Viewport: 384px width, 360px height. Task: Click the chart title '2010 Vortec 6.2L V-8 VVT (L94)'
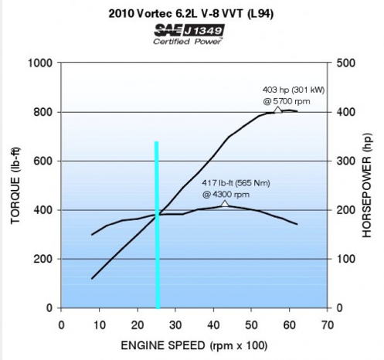[191, 13]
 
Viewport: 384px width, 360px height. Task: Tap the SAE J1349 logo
[189, 30]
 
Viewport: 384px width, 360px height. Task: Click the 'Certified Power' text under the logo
[188, 42]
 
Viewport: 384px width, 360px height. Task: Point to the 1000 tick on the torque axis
[40, 63]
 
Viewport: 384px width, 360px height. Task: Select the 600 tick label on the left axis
[43, 161]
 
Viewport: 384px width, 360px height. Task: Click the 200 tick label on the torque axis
[43, 259]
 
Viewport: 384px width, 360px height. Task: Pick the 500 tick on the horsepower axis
[346, 63]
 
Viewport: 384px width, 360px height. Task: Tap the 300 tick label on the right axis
[346, 161]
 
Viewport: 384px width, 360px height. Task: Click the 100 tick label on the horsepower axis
[346, 259]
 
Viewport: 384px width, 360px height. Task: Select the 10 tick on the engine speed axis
[100, 325]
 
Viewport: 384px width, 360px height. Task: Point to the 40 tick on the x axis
[213, 325]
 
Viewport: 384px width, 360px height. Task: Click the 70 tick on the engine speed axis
[328, 325]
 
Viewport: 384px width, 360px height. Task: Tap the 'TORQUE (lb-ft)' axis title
[15, 185]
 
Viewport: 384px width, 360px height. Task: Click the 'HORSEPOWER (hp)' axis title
[367, 185]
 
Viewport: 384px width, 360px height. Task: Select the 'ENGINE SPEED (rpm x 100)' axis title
[194, 345]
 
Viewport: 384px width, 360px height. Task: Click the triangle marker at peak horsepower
[277, 110]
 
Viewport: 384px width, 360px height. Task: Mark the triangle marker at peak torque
[225, 203]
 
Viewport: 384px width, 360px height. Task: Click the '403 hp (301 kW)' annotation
[294, 90]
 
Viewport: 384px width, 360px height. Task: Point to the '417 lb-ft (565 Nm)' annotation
[236, 183]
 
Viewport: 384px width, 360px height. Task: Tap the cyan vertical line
[157, 225]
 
